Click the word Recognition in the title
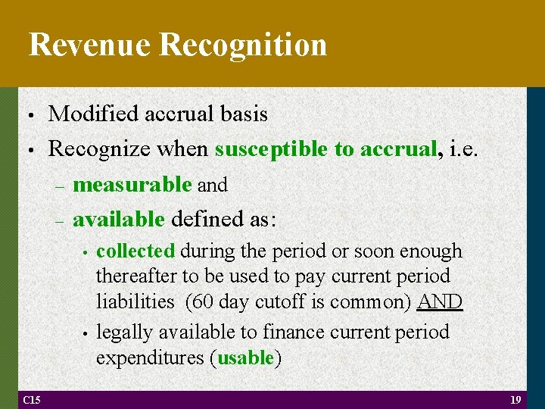(x=244, y=45)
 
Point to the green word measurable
(x=132, y=184)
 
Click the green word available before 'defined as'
(x=119, y=220)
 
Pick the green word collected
(x=136, y=251)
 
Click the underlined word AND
(x=440, y=301)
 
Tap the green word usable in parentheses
(x=244, y=357)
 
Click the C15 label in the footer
(x=32, y=399)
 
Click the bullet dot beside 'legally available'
(x=87, y=333)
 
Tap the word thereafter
(x=132, y=276)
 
